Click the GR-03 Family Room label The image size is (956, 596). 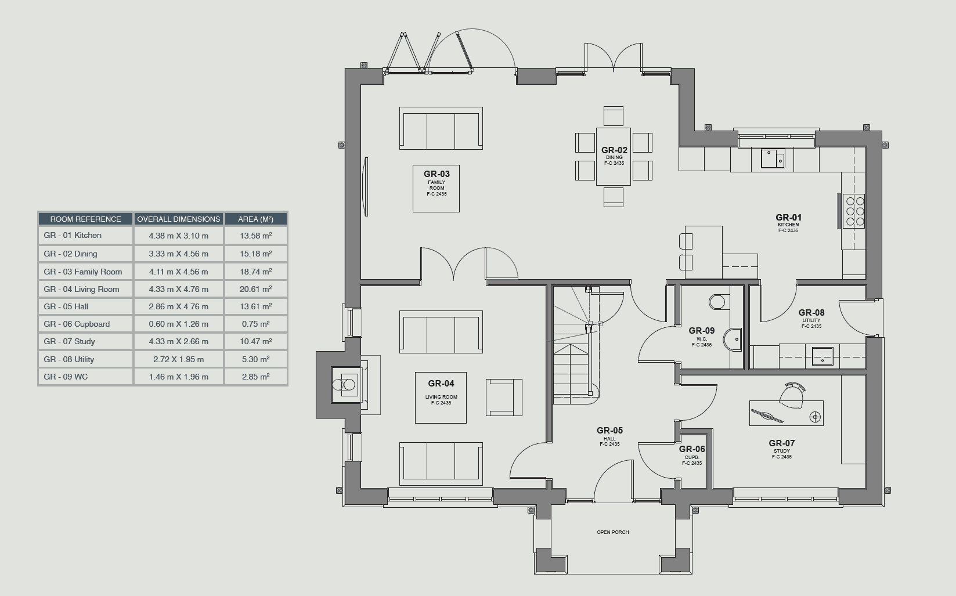[436, 183]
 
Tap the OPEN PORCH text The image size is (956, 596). [612, 532]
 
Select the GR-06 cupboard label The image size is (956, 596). [692, 455]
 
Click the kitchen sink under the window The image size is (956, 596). [773, 158]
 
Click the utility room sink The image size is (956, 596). [822, 357]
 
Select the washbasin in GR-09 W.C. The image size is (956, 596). [733, 339]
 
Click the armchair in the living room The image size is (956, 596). [504, 397]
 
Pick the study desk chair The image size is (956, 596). [792, 395]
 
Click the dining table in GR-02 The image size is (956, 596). [614, 157]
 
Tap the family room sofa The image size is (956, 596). [441, 128]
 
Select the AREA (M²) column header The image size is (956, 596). [255, 219]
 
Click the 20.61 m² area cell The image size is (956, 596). [255, 289]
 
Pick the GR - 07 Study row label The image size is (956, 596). [69, 341]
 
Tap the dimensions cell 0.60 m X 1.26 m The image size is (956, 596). [178, 324]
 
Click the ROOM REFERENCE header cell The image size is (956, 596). [85, 219]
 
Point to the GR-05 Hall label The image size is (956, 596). [609, 436]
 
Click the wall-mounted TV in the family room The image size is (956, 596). [365, 186]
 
